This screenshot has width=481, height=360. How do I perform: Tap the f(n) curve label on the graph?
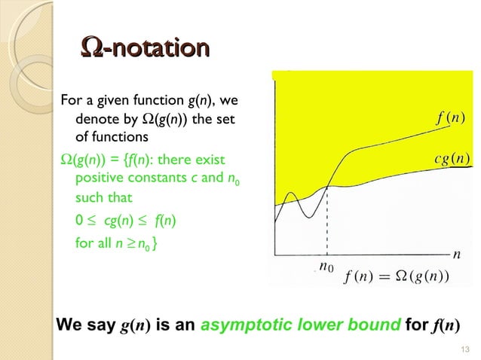(450, 118)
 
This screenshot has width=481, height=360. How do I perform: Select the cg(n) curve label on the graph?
(452, 158)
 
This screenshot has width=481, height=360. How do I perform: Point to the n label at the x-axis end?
(456, 255)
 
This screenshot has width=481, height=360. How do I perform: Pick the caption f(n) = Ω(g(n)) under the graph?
(397, 276)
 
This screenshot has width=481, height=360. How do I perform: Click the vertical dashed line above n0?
(327, 218)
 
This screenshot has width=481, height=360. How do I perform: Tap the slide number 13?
(463, 348)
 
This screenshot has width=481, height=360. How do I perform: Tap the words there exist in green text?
(201, 160)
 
